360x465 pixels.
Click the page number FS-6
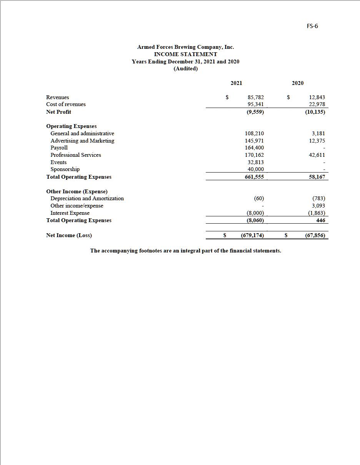(312, 26)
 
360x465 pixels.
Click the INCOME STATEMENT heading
(185, 54)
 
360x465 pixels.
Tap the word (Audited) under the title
(185, 69)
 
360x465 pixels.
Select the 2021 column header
(236, 83)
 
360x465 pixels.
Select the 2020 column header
(297, 83)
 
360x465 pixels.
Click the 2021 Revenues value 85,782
(256, 98)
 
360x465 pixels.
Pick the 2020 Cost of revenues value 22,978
(317, 105)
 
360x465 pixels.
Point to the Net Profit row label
(58, 112)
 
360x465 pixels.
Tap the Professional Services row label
(76, 155)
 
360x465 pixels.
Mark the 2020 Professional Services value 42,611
(317, 155)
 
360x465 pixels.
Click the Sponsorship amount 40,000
(255, 169)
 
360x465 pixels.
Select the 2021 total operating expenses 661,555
(254, 177)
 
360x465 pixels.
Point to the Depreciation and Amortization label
(87, 198)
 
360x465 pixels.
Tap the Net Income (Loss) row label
(69, 235)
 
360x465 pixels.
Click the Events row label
(58, 162)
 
